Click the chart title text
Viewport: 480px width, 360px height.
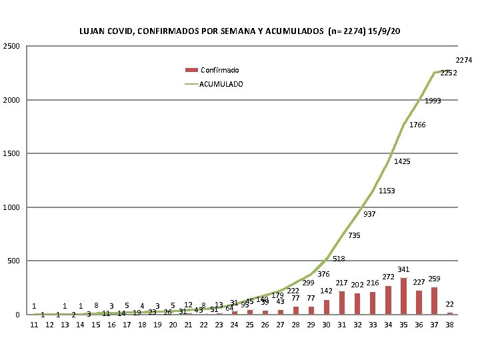click(240, 31)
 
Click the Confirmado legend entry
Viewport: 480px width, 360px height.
click(219, 70)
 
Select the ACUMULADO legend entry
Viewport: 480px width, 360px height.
click(221, 84)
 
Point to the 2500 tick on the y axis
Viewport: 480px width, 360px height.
click(11, 46)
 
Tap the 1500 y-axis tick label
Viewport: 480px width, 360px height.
click(11, 154)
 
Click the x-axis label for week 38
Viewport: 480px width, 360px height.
click(449, 325)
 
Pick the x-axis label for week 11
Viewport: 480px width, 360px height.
click(34, 325)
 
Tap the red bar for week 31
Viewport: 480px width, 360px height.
click(342, 303)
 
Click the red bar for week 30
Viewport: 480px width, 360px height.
click(327, 307)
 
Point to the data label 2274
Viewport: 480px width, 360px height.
click(464, 61)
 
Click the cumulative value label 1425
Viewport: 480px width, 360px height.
click(402, 162)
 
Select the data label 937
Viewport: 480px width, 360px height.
click(370, 215)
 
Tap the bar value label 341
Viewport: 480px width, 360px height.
click(403, 269)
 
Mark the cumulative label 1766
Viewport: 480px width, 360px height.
click(417, 125)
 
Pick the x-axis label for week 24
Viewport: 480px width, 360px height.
click(234, 325)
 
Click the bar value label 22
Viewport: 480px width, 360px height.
click(449, 304)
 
